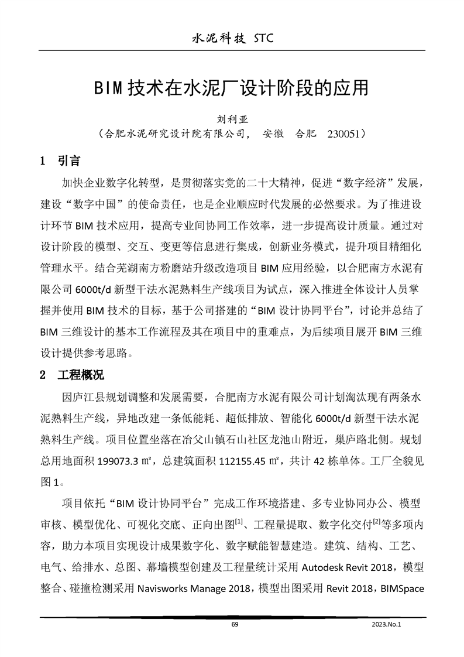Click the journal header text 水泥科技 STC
point(233,39)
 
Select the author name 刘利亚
point(232,118)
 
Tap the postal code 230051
point(342,134)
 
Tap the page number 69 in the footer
point(235,625)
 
